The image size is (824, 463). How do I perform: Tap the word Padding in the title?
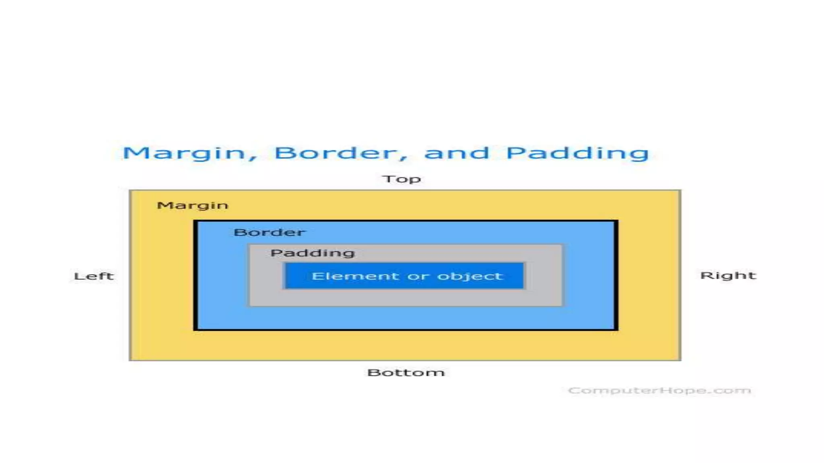click(577, 153)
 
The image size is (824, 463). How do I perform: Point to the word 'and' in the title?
click(457, 153)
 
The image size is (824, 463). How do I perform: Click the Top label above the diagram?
click(402, 179)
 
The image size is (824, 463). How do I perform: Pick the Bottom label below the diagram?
click(406, 373)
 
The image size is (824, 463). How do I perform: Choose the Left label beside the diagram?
click(94, 276)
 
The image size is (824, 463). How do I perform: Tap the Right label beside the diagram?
click(728, 275)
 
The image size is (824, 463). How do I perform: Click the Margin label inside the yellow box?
click(192, 205)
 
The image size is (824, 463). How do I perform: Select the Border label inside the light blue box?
click(269, 232)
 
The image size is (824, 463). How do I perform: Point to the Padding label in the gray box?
click(313, 253)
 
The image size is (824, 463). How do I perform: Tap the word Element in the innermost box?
click(355, 276)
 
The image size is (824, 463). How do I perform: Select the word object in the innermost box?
click(470, 276)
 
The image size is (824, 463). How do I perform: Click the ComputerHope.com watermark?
click(659, 390)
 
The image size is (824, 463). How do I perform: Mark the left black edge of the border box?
click(196, 275)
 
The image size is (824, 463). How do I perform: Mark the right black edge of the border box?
click(616, 275)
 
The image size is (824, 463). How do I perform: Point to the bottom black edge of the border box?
click(406, 330)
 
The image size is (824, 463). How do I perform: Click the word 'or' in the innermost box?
click(418, 277)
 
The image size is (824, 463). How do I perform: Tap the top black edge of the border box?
click(406, 221)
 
